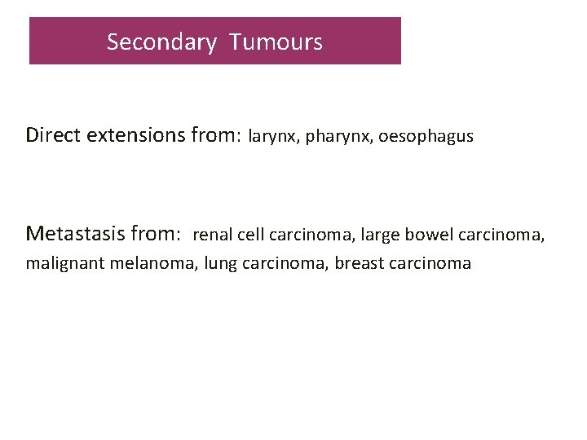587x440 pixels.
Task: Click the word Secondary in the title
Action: click(x=161, y=42)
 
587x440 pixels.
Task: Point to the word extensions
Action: click(x=135, y=134)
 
